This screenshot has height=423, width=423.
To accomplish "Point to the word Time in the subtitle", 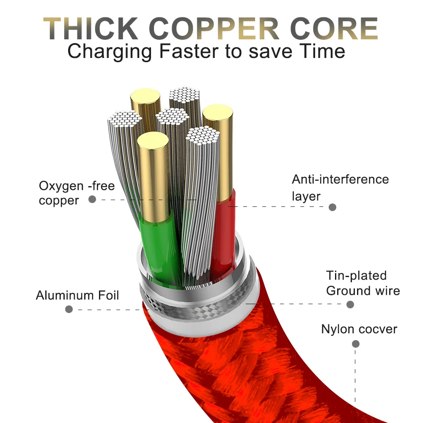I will pos(322,52).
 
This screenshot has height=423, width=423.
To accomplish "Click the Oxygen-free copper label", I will pos(77,192).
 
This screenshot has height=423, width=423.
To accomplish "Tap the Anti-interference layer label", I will pos(340,187).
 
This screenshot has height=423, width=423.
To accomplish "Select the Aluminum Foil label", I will pos(77,295).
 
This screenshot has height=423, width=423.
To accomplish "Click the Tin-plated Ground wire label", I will pos(363,283).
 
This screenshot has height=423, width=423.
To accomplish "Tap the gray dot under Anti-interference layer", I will pos(332,207).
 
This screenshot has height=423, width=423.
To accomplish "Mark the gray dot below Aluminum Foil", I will pos(69,309).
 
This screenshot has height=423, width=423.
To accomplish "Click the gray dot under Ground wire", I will pos(350,304).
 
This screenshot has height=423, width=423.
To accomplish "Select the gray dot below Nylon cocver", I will pos(356,344).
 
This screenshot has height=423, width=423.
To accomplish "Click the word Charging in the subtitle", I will pos(111,52).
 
